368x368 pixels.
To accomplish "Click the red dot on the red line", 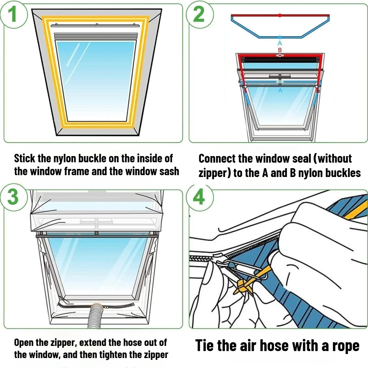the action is [280, 15].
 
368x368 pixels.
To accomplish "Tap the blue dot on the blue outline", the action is [280, 37].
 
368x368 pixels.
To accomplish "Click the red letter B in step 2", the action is [280, 50].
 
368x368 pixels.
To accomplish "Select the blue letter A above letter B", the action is [280, 43].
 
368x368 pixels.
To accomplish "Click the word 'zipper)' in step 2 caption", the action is [215, 173].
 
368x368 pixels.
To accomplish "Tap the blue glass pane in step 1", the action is [96, 81].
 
